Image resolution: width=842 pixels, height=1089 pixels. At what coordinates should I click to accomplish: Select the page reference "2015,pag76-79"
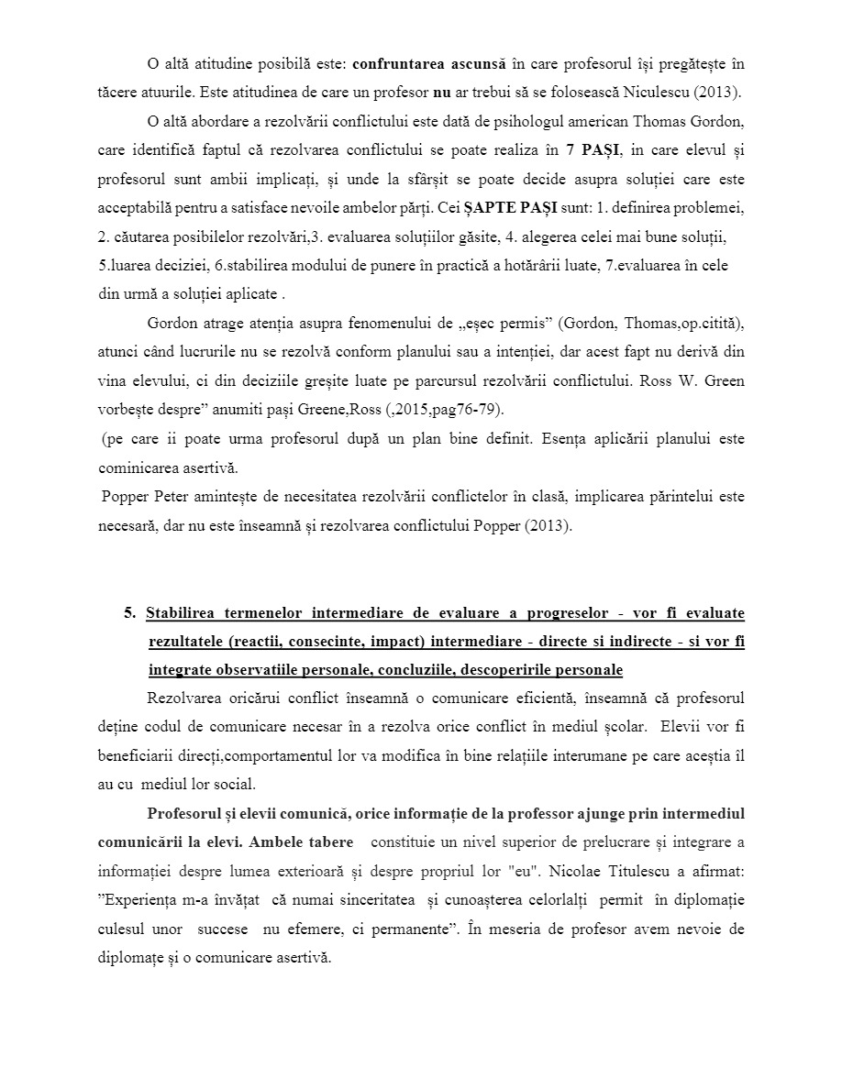[456, 410]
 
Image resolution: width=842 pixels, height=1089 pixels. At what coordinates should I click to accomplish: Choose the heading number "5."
[130, 613]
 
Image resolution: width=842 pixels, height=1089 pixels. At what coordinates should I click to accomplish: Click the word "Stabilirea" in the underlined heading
[187, 613]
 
